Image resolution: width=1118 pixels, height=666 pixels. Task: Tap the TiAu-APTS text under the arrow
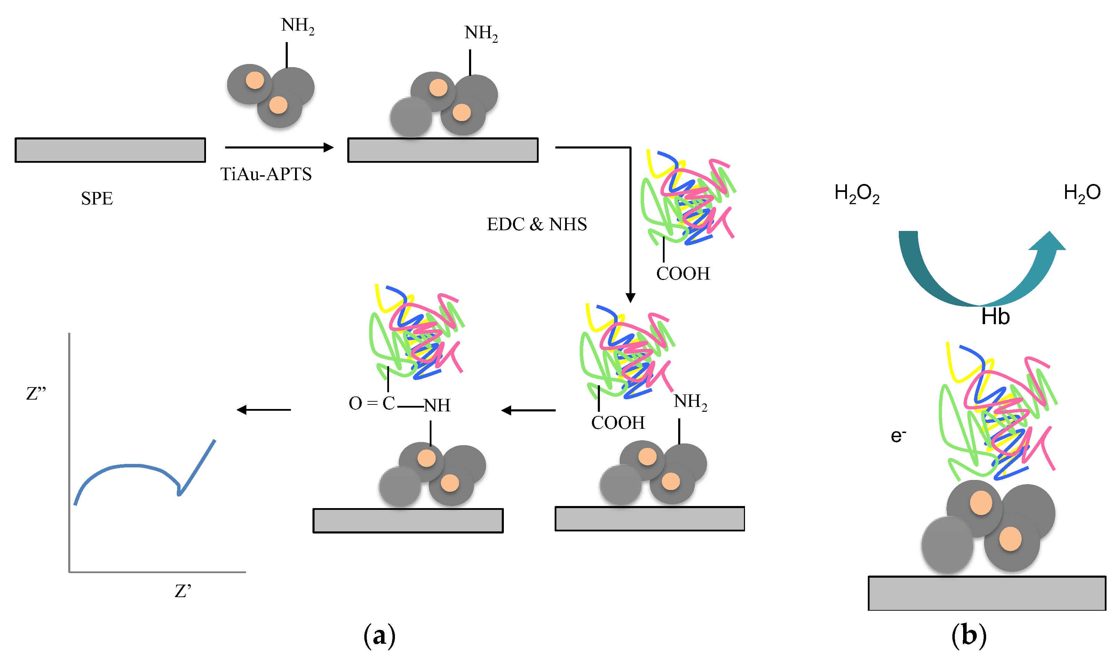tap(266, 174)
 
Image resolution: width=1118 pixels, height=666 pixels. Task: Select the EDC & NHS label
tap(537, 224)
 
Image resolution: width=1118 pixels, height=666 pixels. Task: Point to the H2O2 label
tap(856, 193)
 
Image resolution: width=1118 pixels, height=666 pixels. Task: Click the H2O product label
tap(1081, 193)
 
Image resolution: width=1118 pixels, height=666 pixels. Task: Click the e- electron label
tap(898, 436)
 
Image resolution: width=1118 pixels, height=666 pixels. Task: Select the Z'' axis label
tap(36, 394)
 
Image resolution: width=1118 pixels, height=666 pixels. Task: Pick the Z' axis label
tap(182, 592)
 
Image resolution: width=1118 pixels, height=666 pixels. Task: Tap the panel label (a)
tap(379, 635)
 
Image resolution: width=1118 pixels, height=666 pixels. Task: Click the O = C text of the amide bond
tap(371, 403)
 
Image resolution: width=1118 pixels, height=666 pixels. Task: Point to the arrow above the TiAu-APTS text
tap(279, 147)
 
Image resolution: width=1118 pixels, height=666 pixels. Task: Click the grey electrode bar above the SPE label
tap(110, 150)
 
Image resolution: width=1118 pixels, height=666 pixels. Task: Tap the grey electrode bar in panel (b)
tap(986, 593)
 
